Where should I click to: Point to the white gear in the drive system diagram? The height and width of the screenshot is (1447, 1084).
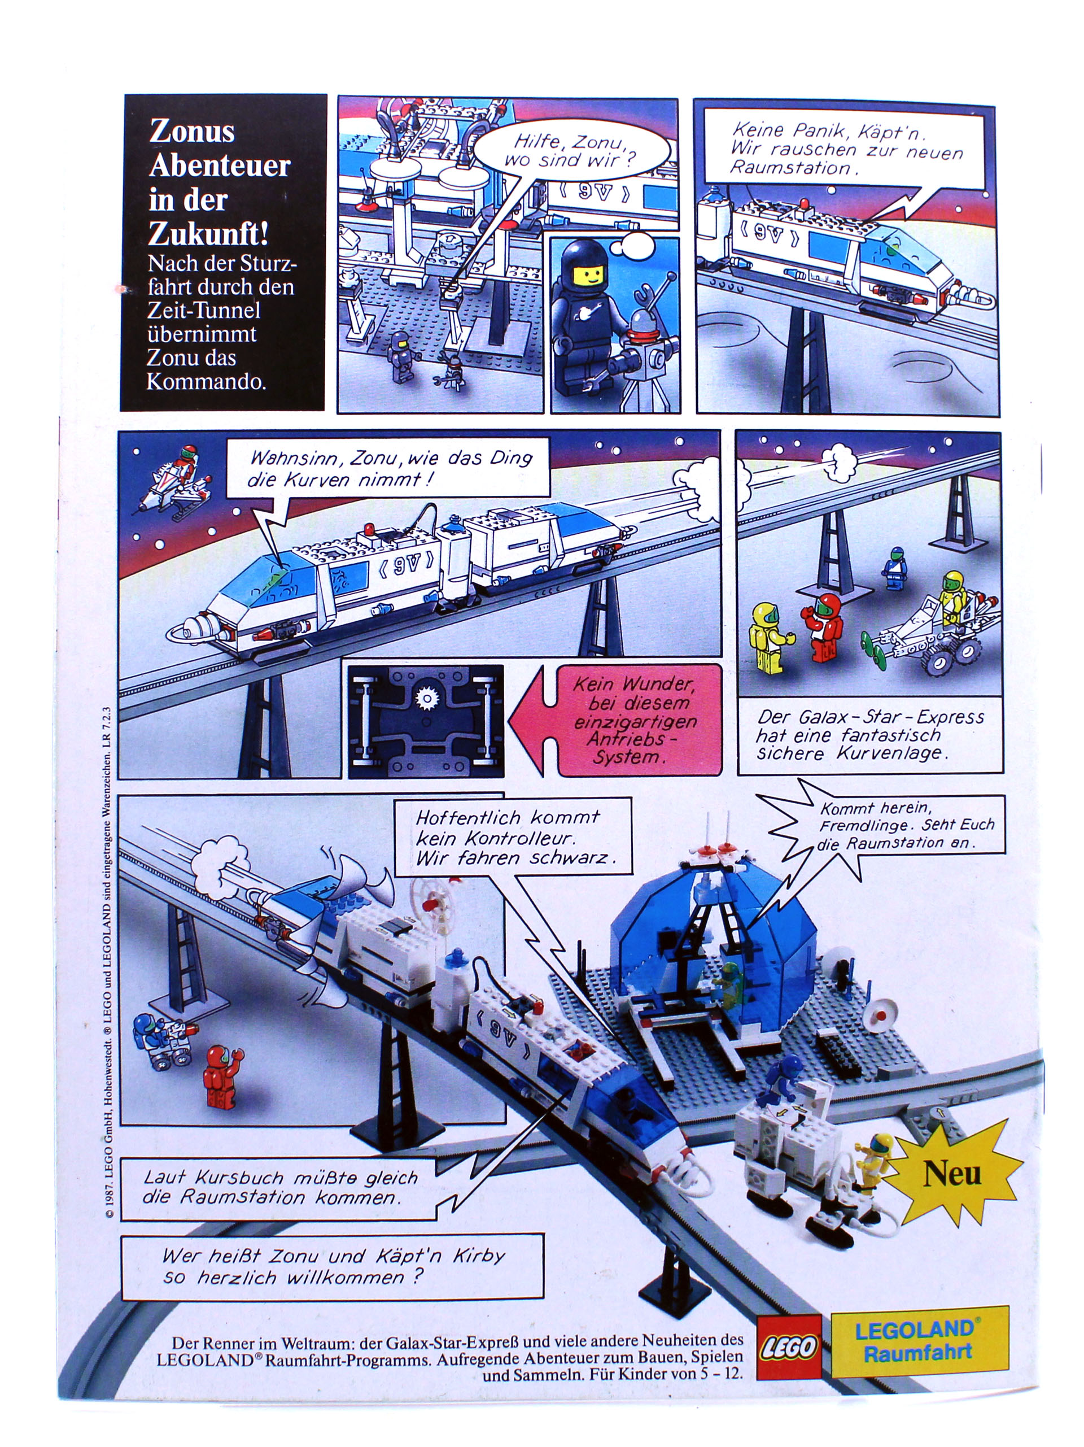[x=426, y=699]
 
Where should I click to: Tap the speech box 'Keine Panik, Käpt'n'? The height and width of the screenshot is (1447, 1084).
[x=847, y=149]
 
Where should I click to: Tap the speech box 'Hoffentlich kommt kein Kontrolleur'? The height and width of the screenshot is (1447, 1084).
[x=514, y=838]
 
